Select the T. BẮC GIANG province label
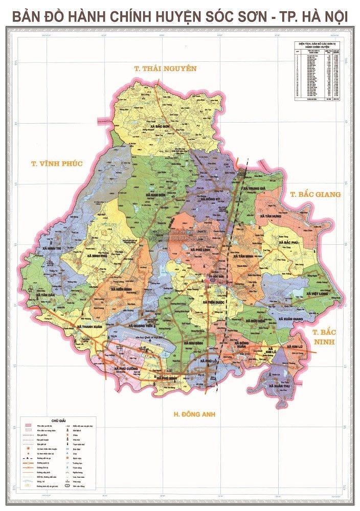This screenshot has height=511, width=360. [314, 194]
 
